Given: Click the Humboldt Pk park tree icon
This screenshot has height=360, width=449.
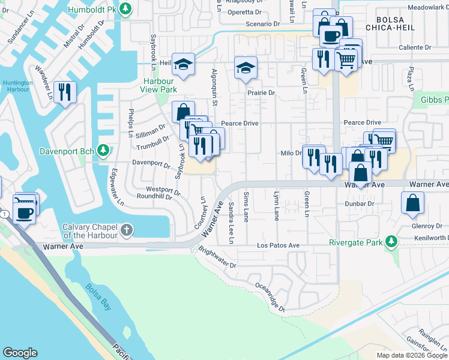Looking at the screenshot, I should click(x=125, y=8).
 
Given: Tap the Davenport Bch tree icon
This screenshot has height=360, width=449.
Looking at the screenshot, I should click(x=103, y=149).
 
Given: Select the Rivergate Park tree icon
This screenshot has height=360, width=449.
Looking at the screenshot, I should click(x=391, y=242).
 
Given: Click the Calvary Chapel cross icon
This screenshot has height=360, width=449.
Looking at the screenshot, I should click(x=126, y=230).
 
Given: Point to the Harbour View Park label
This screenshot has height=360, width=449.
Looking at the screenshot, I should click(x=160, y=85).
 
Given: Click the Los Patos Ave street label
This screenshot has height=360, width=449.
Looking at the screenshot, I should click(x=278, y=245).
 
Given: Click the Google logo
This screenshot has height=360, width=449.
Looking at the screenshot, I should click(x=20, y=353).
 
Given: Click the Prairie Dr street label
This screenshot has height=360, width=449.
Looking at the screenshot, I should click(x=261, y=93).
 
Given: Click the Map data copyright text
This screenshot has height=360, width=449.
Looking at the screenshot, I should click(x=412, y=355).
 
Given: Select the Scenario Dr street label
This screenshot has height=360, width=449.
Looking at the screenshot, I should click(x=263, y=25).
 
